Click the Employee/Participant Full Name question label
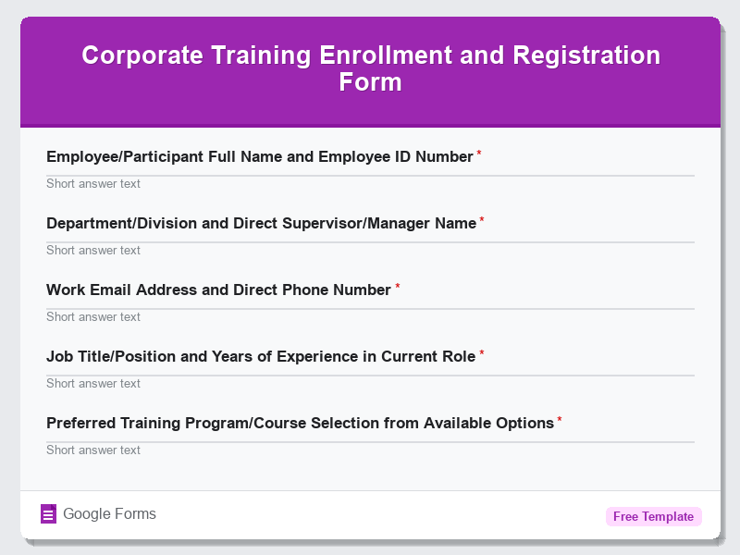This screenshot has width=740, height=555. tap(259, 157)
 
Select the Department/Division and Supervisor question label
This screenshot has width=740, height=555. tap(261, 224)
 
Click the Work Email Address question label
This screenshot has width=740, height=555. tap(218, 290)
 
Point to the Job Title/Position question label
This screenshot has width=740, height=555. tap(261, 357)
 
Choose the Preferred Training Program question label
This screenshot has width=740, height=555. tap(300, 424)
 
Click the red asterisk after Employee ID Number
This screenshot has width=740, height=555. tap(479, 154)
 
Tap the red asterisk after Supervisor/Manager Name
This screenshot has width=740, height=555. tap(482, 220)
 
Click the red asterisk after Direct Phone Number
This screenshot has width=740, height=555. tap(398, 287)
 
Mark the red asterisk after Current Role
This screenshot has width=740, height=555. tap(482, 353)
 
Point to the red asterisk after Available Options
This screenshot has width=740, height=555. tap(560, 420)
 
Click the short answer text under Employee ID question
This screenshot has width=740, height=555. tap(93, 184)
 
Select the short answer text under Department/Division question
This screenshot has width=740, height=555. tap(93, 251)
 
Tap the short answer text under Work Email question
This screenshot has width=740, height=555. tap(93, 317)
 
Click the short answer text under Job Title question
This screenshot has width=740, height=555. tap(93, 384)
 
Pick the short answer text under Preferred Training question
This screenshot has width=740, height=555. tap(93, 450)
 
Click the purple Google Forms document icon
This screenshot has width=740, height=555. tap(49, 514)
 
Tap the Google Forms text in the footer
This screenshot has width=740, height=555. tap(109, 514)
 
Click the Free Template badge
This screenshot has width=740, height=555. tap(653, 517)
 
